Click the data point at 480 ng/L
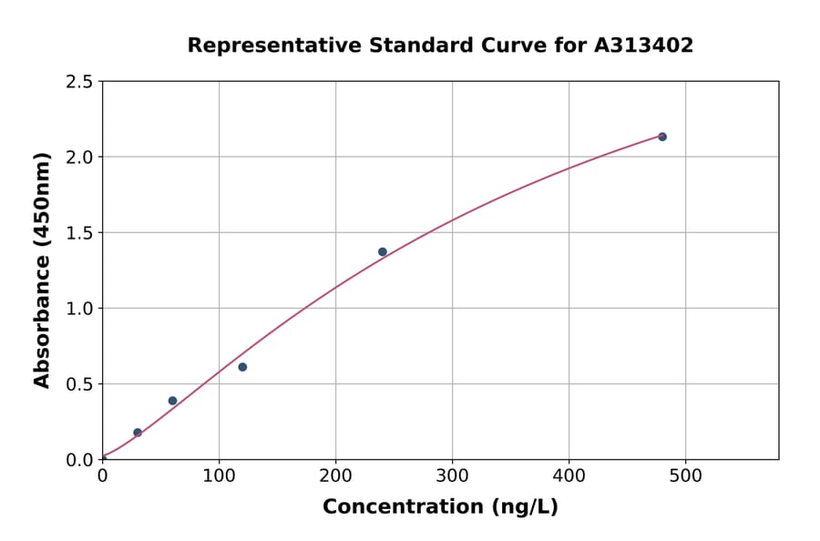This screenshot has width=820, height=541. (x=662, y=137)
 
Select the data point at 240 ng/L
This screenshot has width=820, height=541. (x=383, y=252)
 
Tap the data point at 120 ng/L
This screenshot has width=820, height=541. (x=242, y=367)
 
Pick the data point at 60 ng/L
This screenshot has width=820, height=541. (x=172, y=401)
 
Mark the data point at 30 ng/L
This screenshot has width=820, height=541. (x=138, y=433)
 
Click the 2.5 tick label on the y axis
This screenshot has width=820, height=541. (x=79, y=82)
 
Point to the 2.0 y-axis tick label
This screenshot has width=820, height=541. (x=79, y=158)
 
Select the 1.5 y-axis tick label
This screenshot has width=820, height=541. (x=79, y=233)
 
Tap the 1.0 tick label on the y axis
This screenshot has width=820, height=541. (x=79, y=309)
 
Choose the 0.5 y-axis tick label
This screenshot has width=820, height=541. (x=79, y=384)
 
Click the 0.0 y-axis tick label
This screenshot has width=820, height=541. (x=79, y=460)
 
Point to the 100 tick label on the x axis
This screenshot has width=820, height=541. (x=219, y=476)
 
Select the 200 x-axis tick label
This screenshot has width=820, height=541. (x=335, y=476)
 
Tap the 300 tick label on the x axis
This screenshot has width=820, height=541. (x=452, y=476)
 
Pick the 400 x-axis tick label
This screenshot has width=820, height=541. (x=569, y=476)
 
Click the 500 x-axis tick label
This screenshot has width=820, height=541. (x=685, y=476)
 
